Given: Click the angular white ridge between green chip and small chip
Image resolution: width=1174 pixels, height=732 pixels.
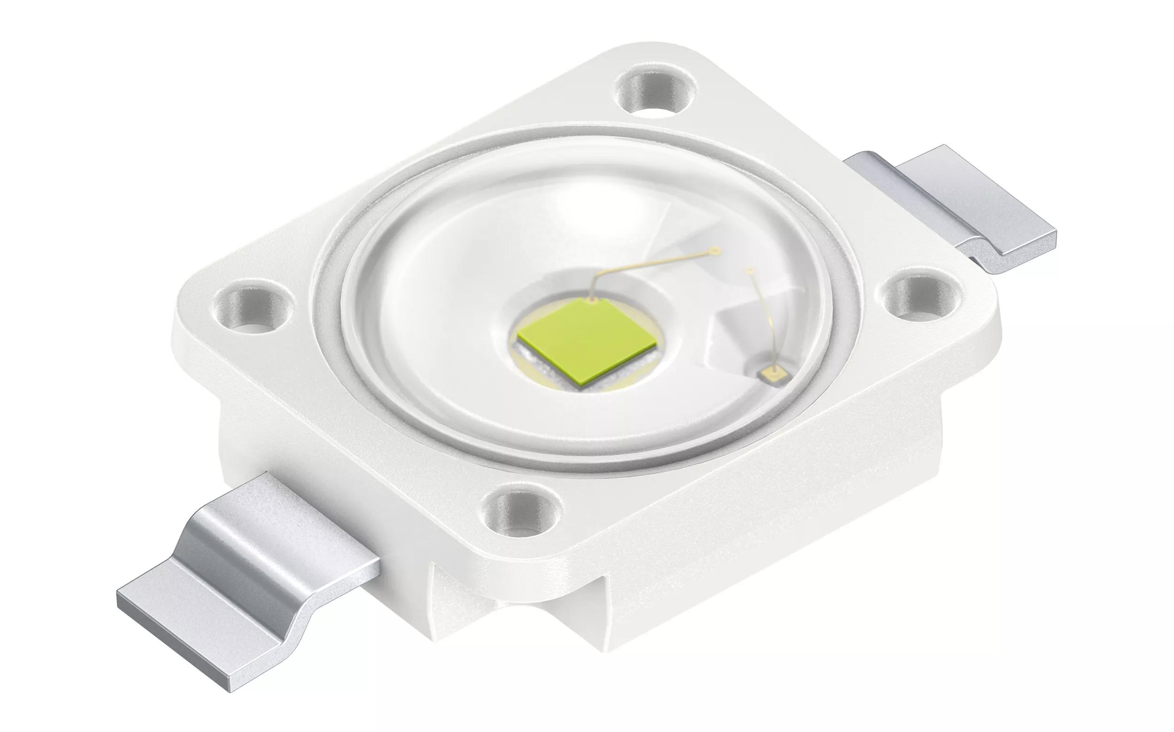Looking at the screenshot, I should point(721,329).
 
